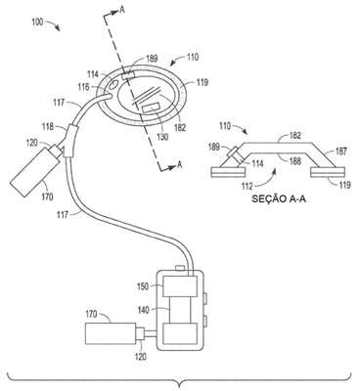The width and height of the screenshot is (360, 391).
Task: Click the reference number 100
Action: [x=37, y=22]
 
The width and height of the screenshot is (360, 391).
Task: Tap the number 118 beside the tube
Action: [x=48, y=126]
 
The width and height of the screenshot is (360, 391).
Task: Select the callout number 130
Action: [x=162, y=137]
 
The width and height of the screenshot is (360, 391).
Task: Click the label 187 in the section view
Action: [x=341, y=152]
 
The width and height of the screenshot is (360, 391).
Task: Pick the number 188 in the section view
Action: [x=295, y=161]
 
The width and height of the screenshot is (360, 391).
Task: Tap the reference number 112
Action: [x=247, y=186]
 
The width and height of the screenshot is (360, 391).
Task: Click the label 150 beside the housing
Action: [x=143, y=286]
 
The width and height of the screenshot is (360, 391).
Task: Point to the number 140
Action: [x=143, y=310]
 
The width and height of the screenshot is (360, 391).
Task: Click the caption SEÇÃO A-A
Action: [x=279, y=199]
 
